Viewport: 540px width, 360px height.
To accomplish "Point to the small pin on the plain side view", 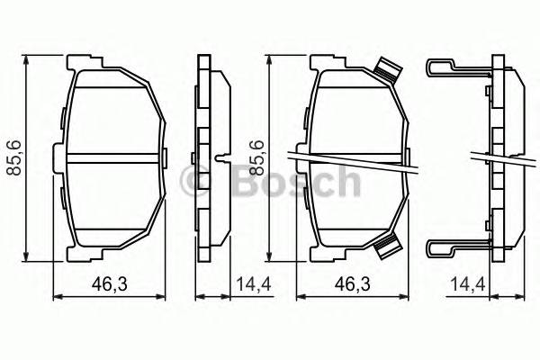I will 220,161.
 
